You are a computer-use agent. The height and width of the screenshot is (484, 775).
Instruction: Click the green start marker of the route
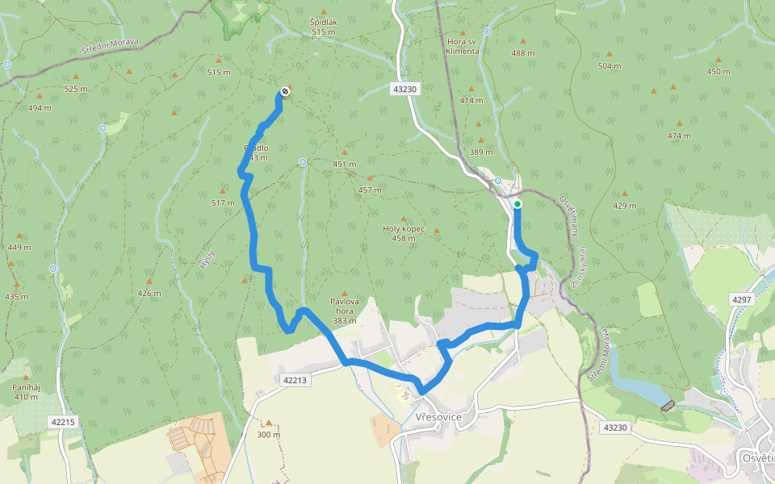tap(517, 204)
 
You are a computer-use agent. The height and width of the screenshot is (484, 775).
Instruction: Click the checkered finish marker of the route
tap(284, 91)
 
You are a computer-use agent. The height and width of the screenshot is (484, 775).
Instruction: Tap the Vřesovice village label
tap(438, 417)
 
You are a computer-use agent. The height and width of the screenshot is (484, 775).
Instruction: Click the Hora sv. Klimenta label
tap(463, 46)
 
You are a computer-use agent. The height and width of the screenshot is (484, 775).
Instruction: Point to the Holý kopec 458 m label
tap(404, 233)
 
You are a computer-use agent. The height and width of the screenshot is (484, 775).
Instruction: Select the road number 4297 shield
tap(741, 299)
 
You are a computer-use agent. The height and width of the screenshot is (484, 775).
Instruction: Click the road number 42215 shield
tap(62, 421)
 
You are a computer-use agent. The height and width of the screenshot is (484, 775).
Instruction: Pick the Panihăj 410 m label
tap(26, 391)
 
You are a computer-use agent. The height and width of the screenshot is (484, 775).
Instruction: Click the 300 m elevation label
tap(269, 434)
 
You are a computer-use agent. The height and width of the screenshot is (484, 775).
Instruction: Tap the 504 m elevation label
tap(610, 66)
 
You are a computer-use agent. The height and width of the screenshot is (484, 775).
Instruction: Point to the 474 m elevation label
tap(679, 136)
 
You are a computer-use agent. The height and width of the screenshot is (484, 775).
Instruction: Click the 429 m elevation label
tap(624, 206)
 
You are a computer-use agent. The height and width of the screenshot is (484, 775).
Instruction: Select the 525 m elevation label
tap(75, 89)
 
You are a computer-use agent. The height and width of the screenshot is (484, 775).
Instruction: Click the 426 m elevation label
tap(149, 293)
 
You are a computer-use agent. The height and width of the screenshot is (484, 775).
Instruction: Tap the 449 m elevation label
tap(19, 248)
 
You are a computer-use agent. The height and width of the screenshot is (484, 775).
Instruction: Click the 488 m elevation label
tap(523, 53)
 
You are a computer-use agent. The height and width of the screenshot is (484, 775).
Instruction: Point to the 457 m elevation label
tap(370, 190)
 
